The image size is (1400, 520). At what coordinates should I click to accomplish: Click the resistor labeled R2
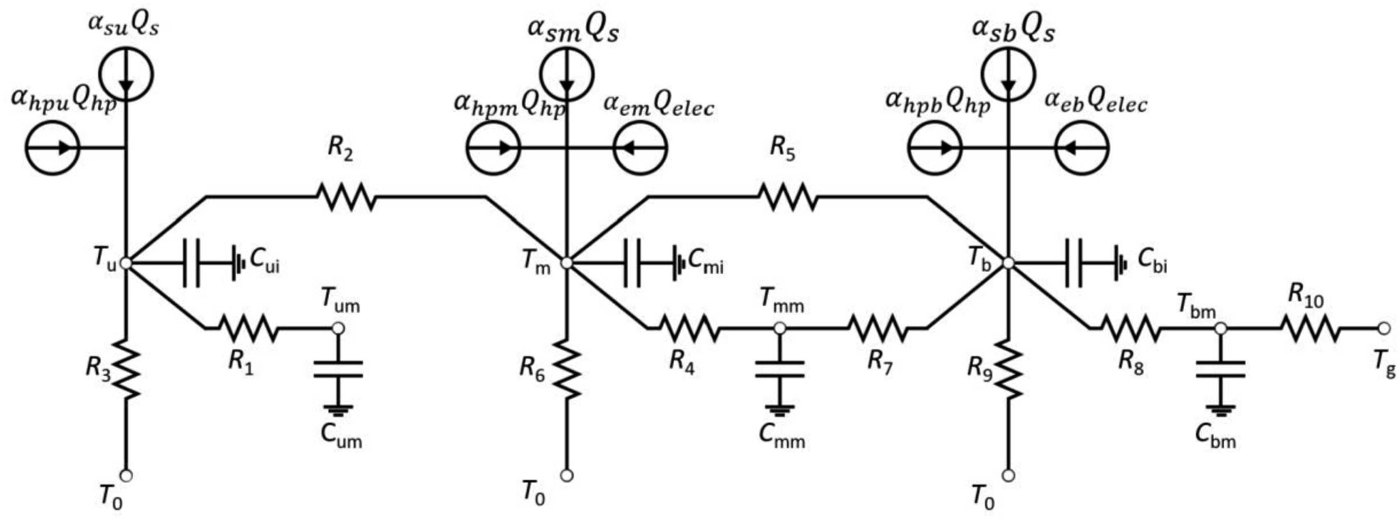pos(346,197)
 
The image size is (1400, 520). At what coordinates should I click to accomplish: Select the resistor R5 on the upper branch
pos(787,197)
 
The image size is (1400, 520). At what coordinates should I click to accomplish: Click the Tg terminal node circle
pos(1385,329)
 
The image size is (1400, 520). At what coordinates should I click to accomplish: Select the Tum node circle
pos(338,329)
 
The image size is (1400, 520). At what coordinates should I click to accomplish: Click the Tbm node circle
pos(1221,329)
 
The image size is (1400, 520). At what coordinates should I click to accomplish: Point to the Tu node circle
pos(126,263)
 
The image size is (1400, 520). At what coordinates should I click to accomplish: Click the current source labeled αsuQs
pos(126,74)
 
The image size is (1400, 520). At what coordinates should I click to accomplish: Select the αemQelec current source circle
pos(641,147)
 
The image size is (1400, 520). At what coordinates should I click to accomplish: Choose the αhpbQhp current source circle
pos(935,147)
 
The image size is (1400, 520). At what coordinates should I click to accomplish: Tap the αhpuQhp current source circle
pos(53,147)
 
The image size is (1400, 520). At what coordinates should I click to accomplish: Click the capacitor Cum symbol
pos(338,369)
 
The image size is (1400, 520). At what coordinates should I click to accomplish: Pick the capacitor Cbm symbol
pos(1221,369)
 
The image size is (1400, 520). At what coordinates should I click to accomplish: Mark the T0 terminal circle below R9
pos(1008,475)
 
